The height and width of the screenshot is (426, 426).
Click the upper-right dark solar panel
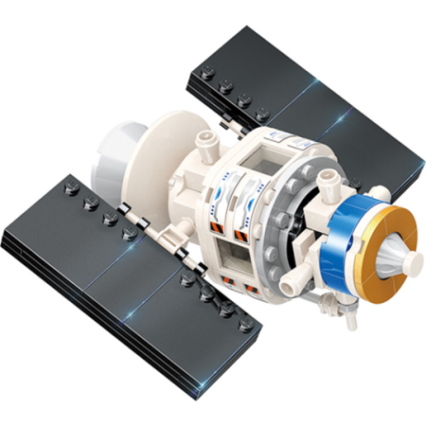pos(312,104)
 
